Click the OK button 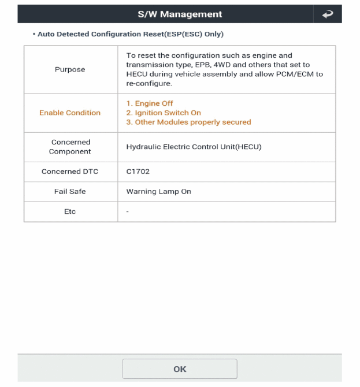[180, 369]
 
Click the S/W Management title [179, 14]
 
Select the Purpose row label [70, 69]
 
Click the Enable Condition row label [70, 113]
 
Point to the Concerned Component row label [70, 147]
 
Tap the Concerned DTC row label [70, 172]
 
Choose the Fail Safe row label [70, 192]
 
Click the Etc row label [70, 212]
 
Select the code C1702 [138, 172]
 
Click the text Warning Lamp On [158, 192]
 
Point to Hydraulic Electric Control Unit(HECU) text [194, 147]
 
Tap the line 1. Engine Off [150, 103]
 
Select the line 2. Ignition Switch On [164, 113]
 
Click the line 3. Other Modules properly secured [188, 122]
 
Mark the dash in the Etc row [127, 212]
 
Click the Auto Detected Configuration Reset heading [130, 35]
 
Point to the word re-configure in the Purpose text [148, 83]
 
